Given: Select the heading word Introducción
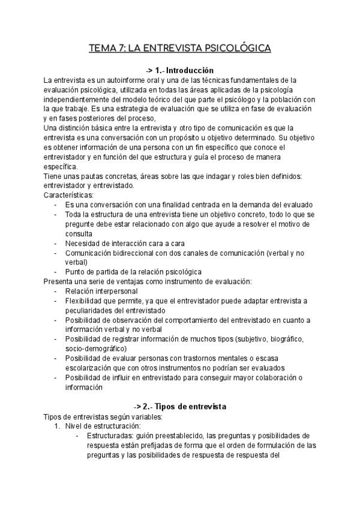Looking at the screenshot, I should point(190,70).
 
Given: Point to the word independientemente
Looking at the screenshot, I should point(77,99).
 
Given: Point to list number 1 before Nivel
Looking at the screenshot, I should point(56,426).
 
